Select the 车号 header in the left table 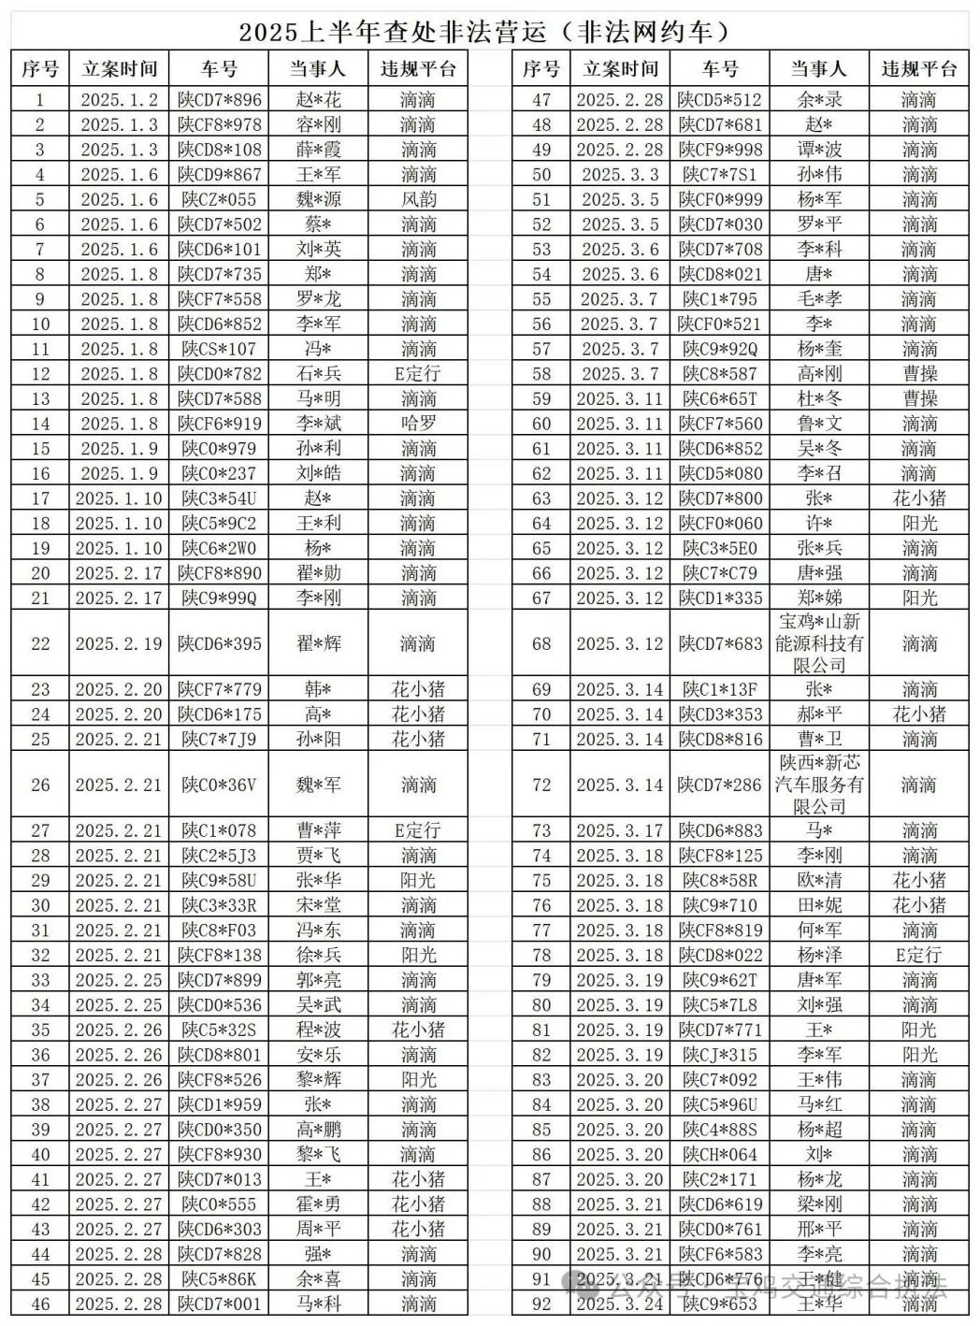(219, 68)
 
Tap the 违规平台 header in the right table (918, 68)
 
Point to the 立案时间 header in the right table (620, 68)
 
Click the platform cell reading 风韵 (418, 199)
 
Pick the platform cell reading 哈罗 (418, 424)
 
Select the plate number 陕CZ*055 (219, 199)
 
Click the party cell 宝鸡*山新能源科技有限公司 (819, 643)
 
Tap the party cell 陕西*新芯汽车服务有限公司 (819, 785)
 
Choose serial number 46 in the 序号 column (40, 1304)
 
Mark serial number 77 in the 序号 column (541, 930)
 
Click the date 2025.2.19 (119, 643)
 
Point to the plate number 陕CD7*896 (219, 100)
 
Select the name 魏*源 (318, 199)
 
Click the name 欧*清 (819, 880)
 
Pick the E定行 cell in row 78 (918, 955)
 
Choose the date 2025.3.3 (620, 175)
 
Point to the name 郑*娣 (819, 598)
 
